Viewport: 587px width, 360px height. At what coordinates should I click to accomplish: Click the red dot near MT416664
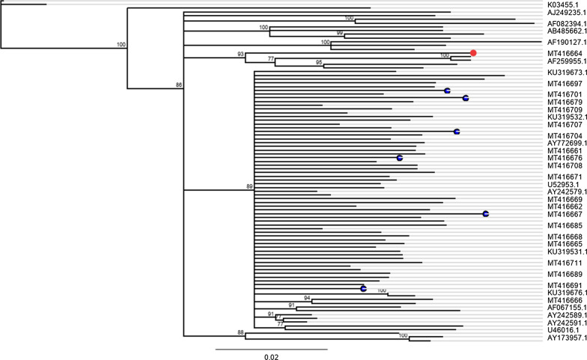(x=473, y=52)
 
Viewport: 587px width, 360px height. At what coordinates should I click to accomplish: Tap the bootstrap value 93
(x=240, y=54)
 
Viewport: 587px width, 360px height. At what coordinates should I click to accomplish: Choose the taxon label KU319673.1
(x=566, y=73)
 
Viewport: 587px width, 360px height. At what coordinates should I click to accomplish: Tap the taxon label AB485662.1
(x=566, y=32)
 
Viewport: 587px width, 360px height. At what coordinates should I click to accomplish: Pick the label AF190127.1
(x=566, y=43)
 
